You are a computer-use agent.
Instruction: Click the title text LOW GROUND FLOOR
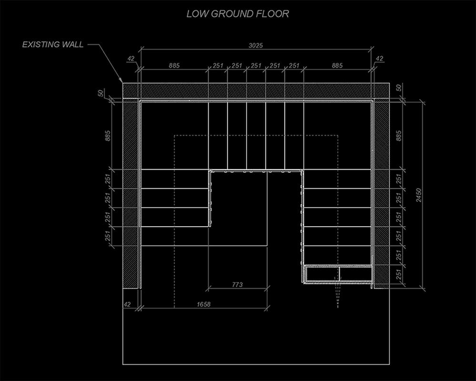pos(238,14)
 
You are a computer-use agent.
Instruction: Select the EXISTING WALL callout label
pos(53,45)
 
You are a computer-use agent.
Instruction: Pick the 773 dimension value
pos(237,285)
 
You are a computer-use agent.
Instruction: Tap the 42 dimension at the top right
pos(379,59)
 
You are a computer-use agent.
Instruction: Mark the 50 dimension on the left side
pos(101,92)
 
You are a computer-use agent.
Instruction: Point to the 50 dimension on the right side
pos(399,88)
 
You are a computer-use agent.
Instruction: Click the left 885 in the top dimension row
pos(174,66)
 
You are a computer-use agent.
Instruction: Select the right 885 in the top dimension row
pos(337,66)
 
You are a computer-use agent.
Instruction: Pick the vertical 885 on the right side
pos(399,136)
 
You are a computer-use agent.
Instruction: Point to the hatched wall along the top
pos(256,90)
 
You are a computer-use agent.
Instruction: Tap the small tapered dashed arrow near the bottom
pos(338,295)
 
